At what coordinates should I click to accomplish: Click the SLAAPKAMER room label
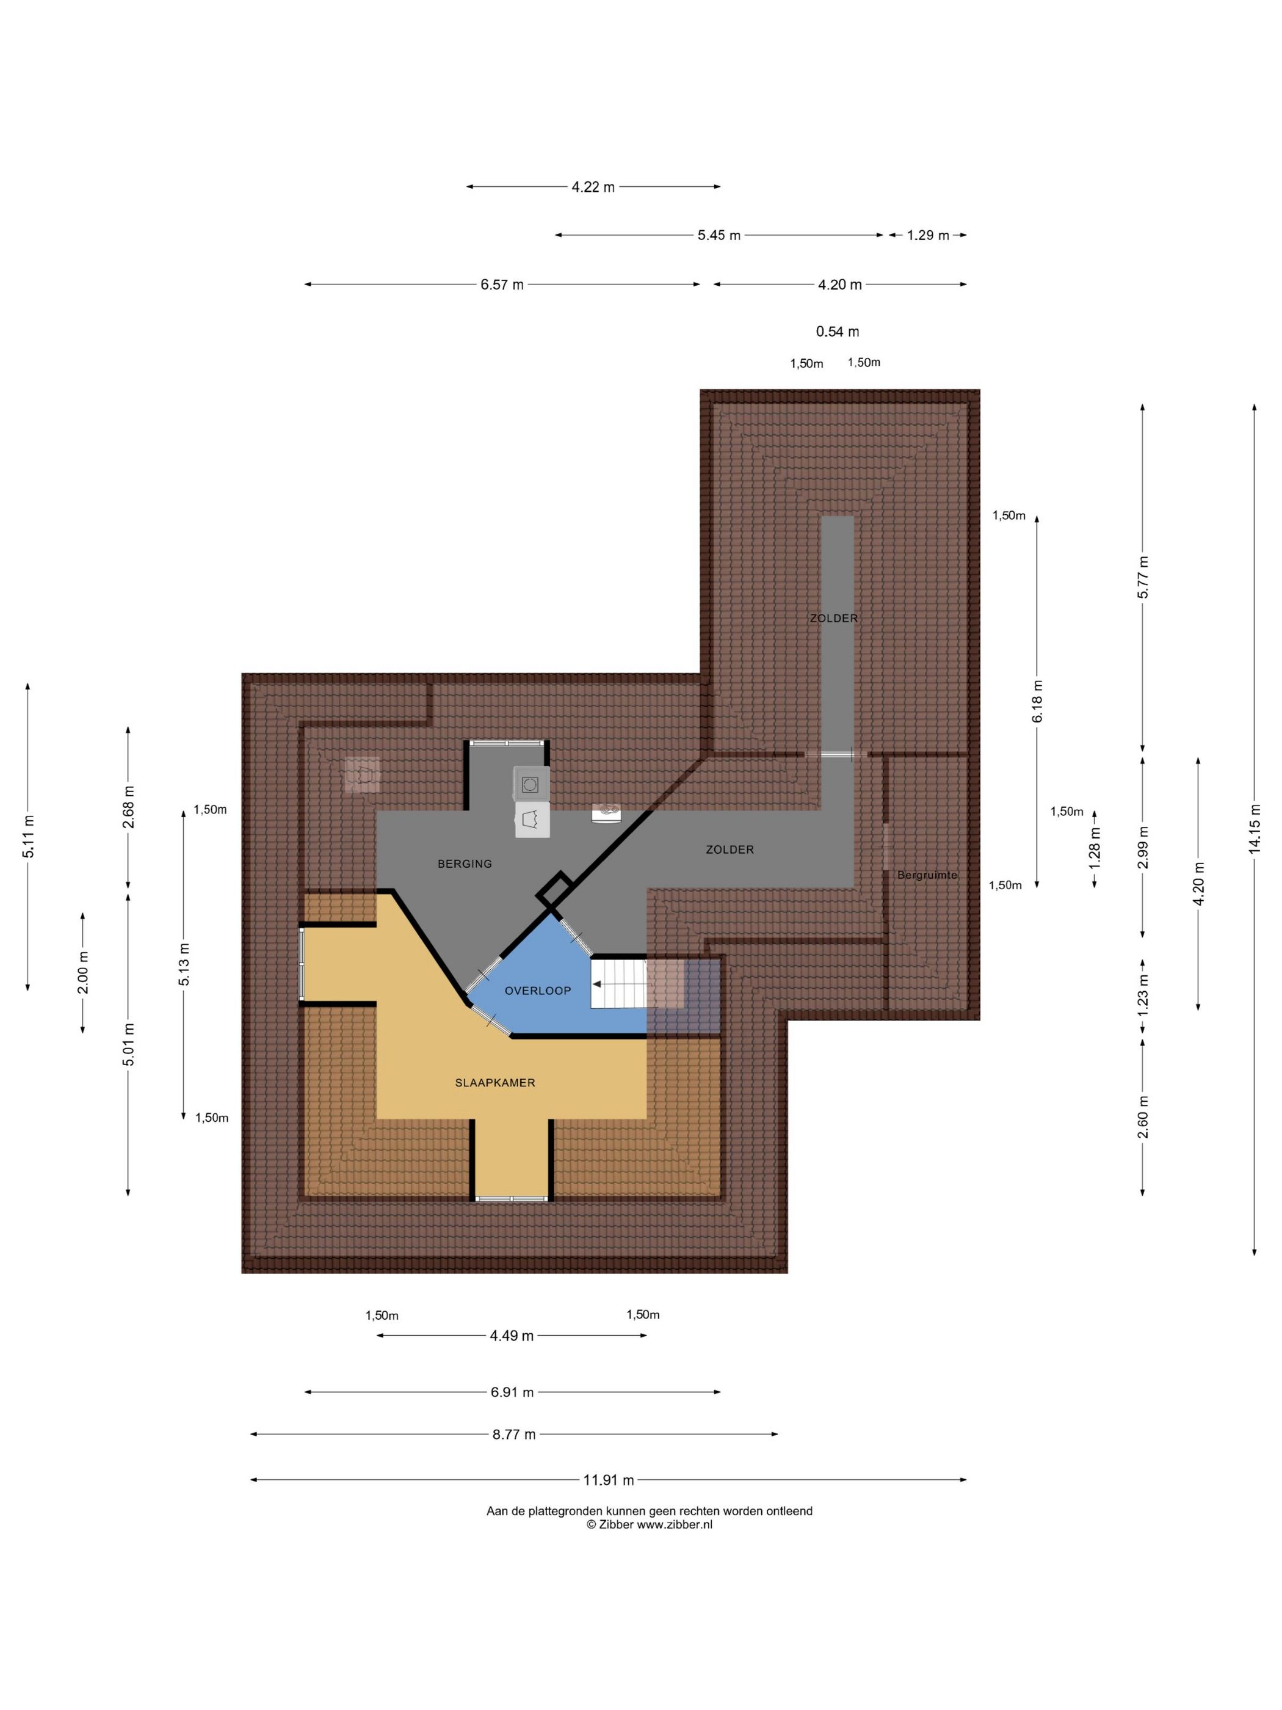pyautogui.click(x=494, y=1082)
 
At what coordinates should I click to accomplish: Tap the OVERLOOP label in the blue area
pyautogui.click(x=538, y=991)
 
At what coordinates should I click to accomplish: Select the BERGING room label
pyautogui.click(x=465, y=864)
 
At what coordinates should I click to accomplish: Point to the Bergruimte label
pyautogui.click(x=927, y=875)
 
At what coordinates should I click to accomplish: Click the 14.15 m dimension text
pyautogui.click(x=1254, y=829)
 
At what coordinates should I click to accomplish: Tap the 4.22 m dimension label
pyautogui.click(x=593, y=187)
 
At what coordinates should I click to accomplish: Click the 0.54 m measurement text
pyautogui.click(x=838, y=332)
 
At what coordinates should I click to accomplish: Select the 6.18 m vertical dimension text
pyautogui.click(x=1037, y=701)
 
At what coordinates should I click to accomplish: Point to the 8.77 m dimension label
pyautogui.click(x=514, y=1434)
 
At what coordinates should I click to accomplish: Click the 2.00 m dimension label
pyautogui.click(x=82, y=972)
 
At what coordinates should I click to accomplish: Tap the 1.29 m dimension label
pyautogui.click(x=928, y=235)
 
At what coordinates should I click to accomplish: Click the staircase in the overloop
pyautogui.click(x=618, y=983)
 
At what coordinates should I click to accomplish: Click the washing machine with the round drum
pyautogui.click(x=532, y=784)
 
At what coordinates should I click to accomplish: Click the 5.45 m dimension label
pyautogui.click(x=719, y=235)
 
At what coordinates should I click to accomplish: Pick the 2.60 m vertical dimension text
pyautogui.click(x=1143, y=1116)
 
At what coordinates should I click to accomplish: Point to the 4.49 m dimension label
pyautogui.click(x=512, y=1336)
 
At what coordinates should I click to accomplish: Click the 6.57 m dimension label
pyautogui.click(x=502, y=285)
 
